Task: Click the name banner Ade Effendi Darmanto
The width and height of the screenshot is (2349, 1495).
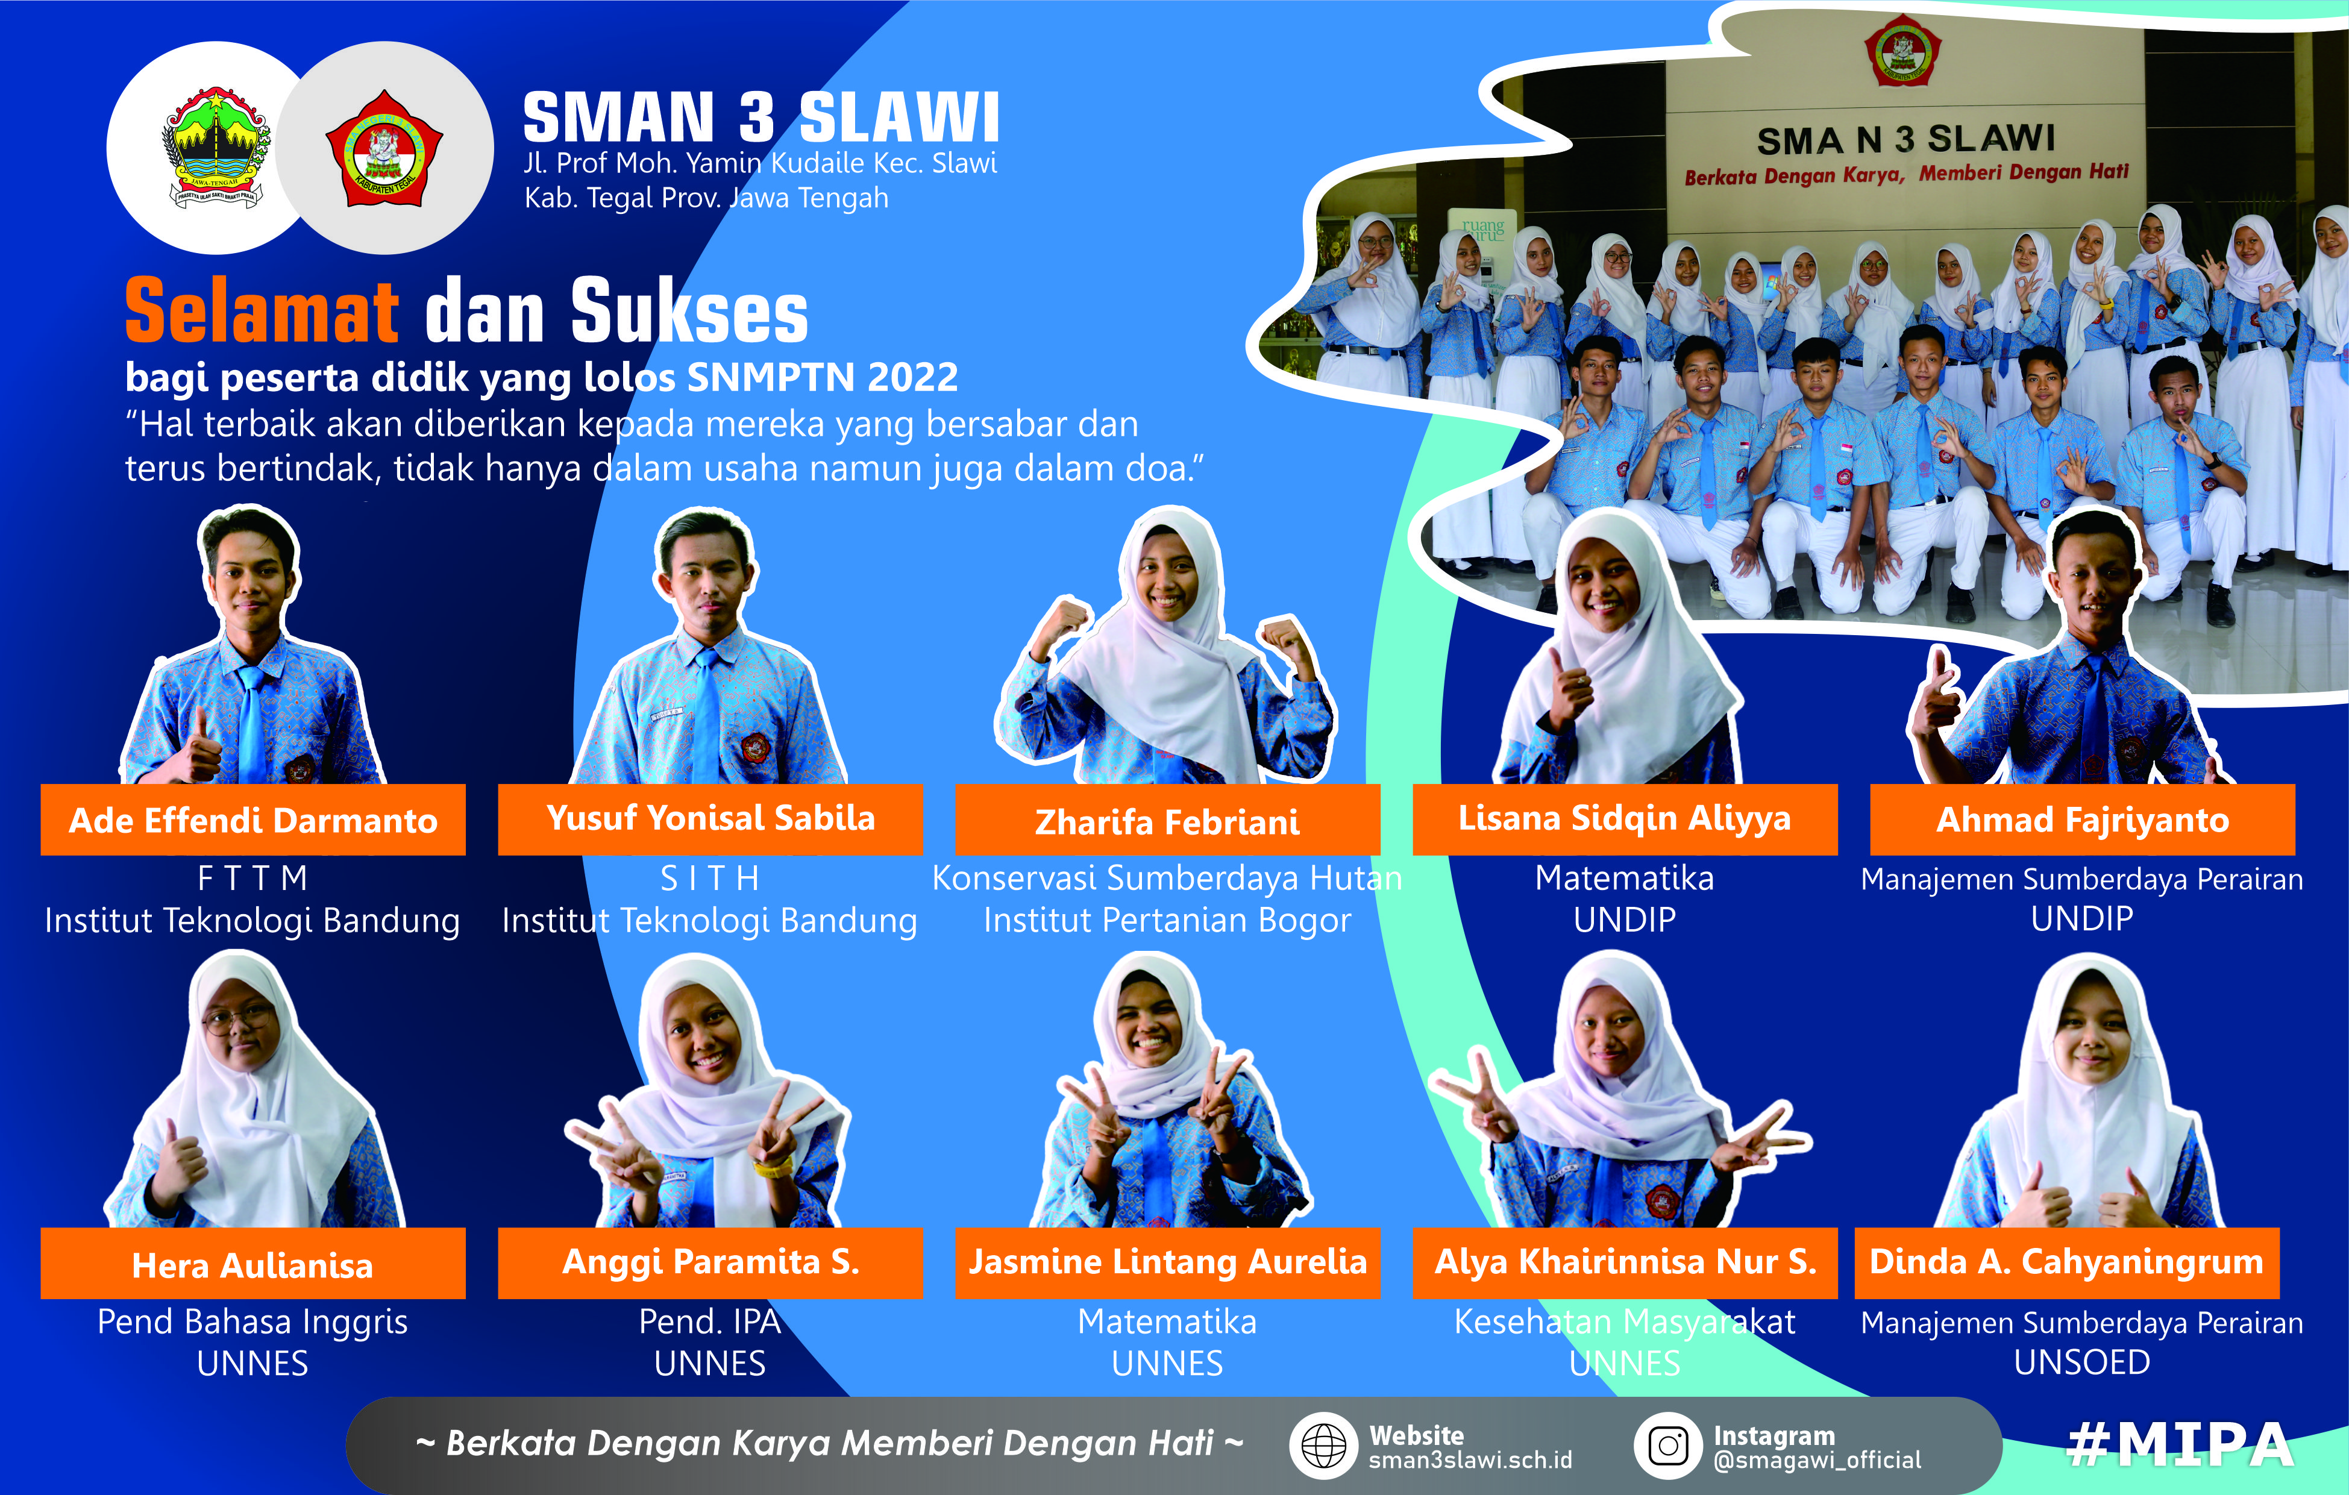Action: click(252, 820)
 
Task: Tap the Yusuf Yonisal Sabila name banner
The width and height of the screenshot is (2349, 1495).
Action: click(710, 818)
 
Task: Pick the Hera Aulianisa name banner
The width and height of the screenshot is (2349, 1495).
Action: click(252, 1264)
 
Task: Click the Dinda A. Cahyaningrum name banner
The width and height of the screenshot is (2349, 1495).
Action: click(2066, 1262)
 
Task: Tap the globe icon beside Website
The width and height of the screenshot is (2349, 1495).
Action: click(1323, 1445)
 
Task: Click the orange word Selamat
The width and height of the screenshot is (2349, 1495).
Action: click(262, 311)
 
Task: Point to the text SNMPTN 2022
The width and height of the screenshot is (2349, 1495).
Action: click(823, 377)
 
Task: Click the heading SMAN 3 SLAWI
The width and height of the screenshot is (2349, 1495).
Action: click(761, 118)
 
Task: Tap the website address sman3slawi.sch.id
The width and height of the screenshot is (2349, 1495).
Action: click(1470, 1460)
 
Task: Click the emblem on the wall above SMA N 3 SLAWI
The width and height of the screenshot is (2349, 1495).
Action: click(1902, 51)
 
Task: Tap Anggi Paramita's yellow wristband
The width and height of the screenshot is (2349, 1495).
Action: click(771, 1167)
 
